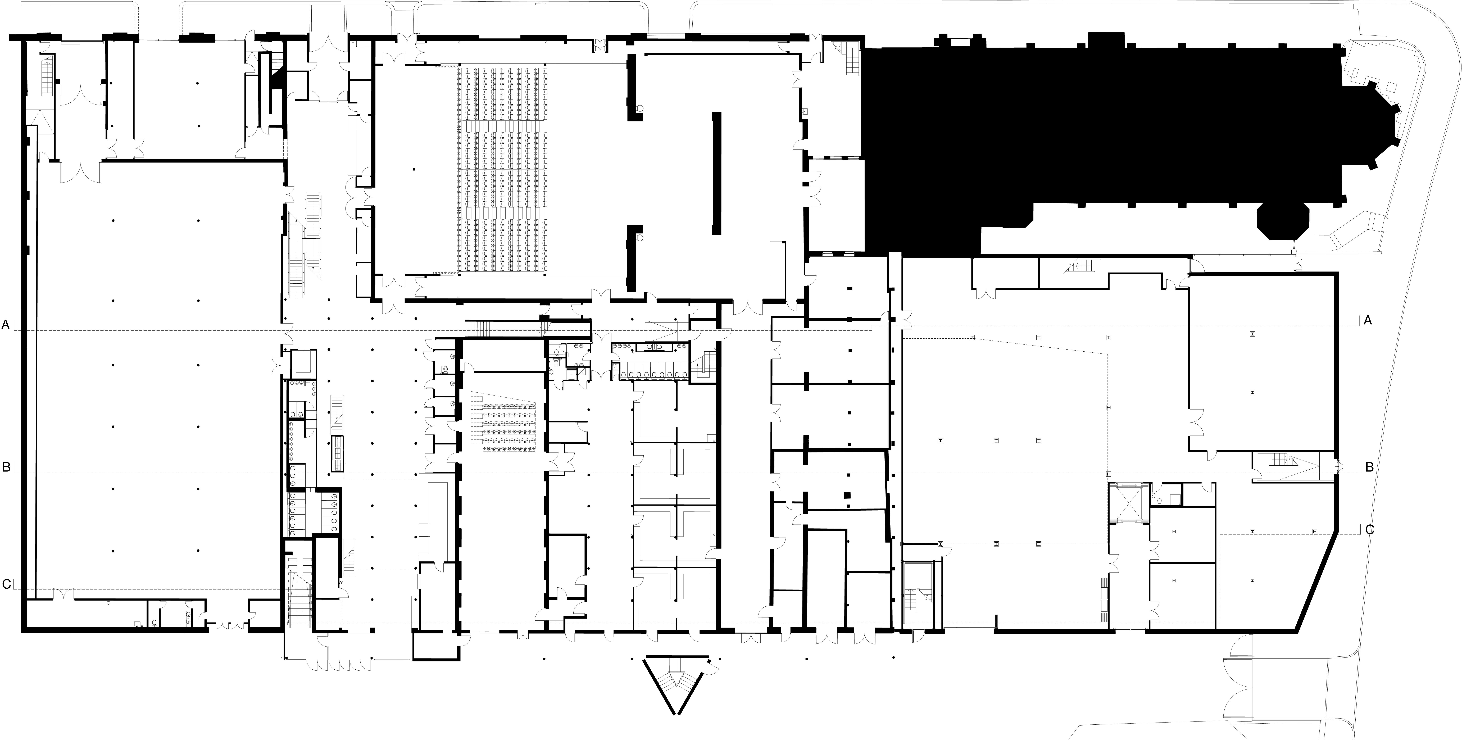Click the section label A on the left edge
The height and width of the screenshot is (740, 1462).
click(x=6, y=325)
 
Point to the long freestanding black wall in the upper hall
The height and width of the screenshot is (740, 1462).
click(x=717, y=173)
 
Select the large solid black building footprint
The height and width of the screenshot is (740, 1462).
click(x=1078, y=130)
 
